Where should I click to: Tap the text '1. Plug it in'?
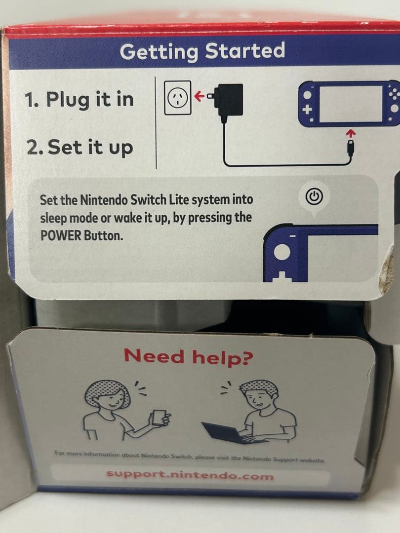[79, 99]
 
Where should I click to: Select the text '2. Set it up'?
[80, 148]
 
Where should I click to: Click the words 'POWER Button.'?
[80, 235]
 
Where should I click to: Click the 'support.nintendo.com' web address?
[190, 476]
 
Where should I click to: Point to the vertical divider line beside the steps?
[156, 122]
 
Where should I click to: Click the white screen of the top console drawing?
[352, 103]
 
